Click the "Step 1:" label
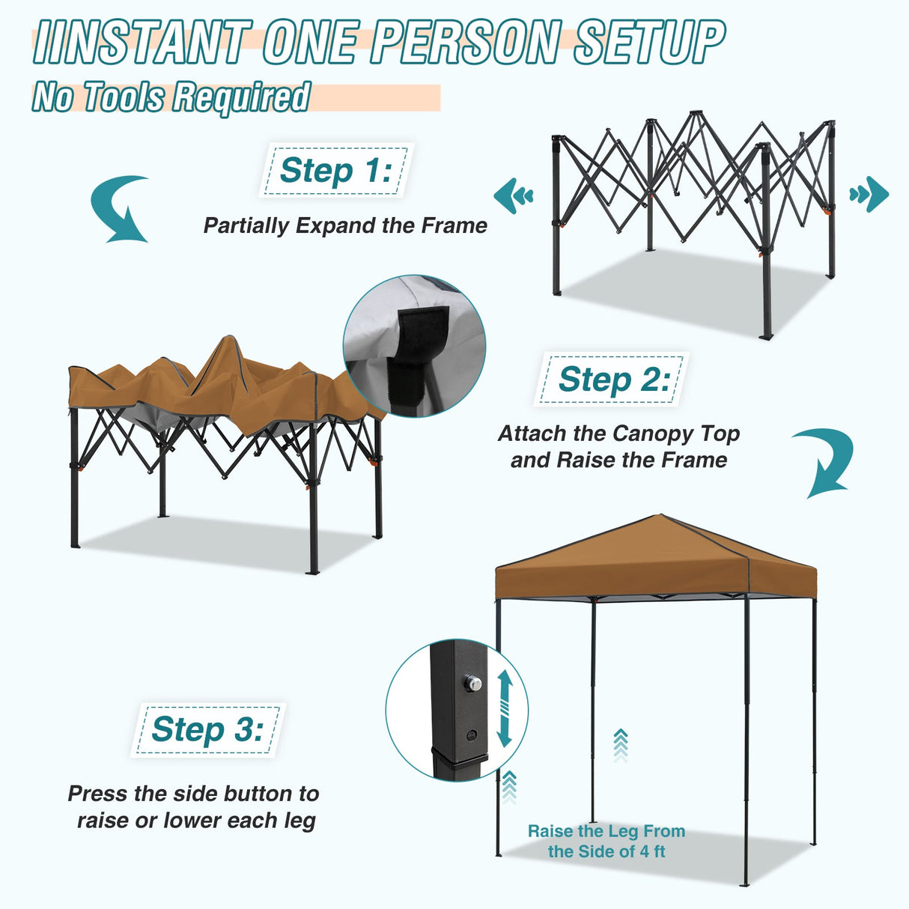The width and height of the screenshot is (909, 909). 335,171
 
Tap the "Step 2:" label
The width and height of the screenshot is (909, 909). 613,380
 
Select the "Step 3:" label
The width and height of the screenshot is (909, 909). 207,729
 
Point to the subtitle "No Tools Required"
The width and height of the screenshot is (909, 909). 171,97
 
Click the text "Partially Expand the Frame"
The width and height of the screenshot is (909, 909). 345,225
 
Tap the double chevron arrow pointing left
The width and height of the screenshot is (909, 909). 514,195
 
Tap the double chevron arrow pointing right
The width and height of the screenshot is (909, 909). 869,195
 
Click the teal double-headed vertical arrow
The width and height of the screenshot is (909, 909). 504,708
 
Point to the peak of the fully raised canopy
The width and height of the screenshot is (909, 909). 660,516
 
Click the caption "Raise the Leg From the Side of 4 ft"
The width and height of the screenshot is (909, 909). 606,841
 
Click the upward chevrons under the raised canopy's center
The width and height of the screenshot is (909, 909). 620,745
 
